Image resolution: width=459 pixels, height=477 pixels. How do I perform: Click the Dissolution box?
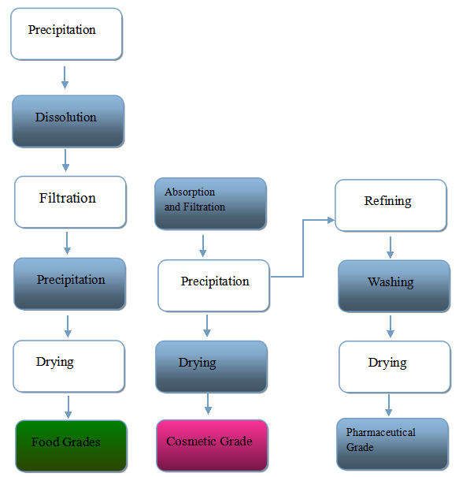click(x=68, y=121)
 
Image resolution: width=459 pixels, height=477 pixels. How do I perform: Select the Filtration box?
click(x=70, y=202)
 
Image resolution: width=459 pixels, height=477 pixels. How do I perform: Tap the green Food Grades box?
click(x=71, y=446)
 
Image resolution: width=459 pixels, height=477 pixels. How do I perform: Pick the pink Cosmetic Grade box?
click(x=212, y=445)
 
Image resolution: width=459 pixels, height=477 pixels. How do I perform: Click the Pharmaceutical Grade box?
click(x=393, y=444)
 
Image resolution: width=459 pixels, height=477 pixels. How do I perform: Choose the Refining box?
click(x=391, y=205)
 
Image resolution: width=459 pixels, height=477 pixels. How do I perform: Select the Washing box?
click(x=394, y=286)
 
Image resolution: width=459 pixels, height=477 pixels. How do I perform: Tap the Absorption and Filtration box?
click(x=210, y=203)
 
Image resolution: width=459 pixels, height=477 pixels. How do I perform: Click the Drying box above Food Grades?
click(x=69, y=367)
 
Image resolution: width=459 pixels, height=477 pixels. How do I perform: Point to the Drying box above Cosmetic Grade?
click(x=212, y=367)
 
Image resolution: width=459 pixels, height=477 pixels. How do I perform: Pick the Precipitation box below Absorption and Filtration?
click(x=213, y=285)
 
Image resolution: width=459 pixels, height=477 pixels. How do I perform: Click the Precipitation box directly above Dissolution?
click(x=66, y=34)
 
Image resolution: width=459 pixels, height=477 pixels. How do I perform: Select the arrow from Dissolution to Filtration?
click(x=65, y=160)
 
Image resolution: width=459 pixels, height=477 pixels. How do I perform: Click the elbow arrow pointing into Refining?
click(x=303, y=248)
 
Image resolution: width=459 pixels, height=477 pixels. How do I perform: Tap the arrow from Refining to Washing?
click(x=391, y=248)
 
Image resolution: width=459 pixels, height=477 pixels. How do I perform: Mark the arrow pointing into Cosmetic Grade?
click(x=208, y=404)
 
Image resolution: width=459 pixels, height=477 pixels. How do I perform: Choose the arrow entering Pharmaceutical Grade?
click(x=388, y=405)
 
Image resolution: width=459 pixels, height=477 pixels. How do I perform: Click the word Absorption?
click(x=190, y=192)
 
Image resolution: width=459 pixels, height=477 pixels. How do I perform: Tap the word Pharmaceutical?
click(x=380, y=432)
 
